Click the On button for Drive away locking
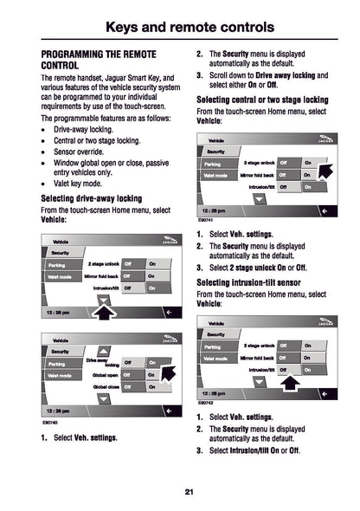153,363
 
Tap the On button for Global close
153,387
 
